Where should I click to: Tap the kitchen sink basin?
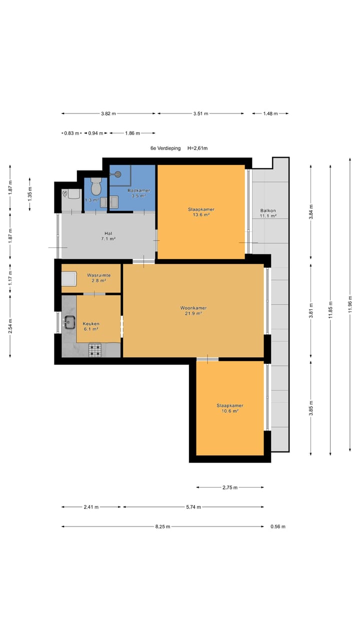pyautogui.click(x=69, y=322)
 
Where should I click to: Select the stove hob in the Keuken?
pyautogui.click(x=95, y=350)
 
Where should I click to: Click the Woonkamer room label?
pyautogui.click(x=193, y=308)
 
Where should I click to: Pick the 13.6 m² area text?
pyautogui.click(x=201, y=215)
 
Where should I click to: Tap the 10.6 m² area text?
pyautogui.click(x=230, y=411)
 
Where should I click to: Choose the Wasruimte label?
pyautogui.click(x=99, y=275)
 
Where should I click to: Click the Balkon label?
pyautogui.click(x=268, y=210)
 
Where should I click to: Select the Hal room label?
pyautogui.click(x=108, y=233)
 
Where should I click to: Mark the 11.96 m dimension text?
pyautogui.click(x=350, y=304)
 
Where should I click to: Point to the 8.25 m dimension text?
pyautogui.click(x=163, y=526)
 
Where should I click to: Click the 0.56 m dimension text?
pyautogui.click(x=278, y=526)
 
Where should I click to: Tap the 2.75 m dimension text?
pyautogui.click(x=230, y=487)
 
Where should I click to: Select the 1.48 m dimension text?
pyautogui.click(x=270, y=113)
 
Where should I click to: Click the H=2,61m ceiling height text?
pyautogui.click(x=197, y=148)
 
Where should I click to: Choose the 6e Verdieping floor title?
pyautogui.click(x=165, y=148)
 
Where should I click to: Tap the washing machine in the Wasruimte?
pyautogui.click(x=69, y=279)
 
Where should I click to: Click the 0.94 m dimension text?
pyautogui.click(x=95, y=133)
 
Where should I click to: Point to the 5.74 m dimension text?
pyautogui.click(x=193, y=507)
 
